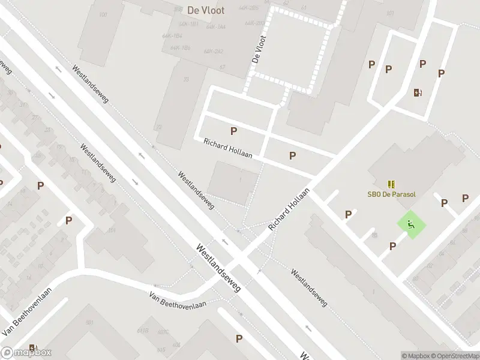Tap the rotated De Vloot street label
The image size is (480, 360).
(x=259, y=49)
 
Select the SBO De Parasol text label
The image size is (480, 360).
(x=392, y=194)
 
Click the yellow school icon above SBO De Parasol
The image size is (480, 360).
(x=392, y=184)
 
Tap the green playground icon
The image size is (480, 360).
(x=411, y=225)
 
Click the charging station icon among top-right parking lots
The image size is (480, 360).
(x=418, y=92)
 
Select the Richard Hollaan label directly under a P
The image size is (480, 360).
(x=227, y=148)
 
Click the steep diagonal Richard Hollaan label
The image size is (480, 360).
(x=289, y=209)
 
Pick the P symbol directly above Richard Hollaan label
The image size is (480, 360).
(x=233, y=131)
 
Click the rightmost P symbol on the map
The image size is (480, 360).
(x=465, y=199)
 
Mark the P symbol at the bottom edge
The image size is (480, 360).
(x=239, y=339)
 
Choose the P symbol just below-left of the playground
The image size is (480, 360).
(x=392, y=246)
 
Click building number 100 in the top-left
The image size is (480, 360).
(x=103, y=14)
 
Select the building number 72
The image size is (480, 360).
(x=158, y=127)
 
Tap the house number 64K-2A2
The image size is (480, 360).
(x=214, y=51)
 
